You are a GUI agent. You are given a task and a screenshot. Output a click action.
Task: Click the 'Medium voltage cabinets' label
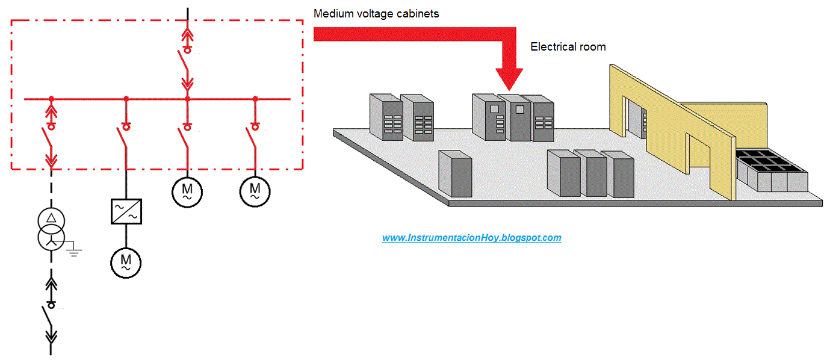[376, 13]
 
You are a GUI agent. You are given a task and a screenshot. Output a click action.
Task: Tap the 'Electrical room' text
[568, 46]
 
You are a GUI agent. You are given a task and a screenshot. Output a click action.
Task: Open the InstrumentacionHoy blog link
[471, 238]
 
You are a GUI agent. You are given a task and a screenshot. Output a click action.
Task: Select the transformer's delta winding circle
[51, 218]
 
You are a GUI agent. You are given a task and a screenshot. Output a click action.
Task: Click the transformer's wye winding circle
[51, 239]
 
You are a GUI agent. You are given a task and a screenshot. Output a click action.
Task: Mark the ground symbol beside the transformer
[73, 250]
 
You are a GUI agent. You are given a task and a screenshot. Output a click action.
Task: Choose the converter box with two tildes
[126, 211]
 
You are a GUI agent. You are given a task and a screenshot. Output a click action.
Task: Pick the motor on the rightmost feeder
[255, 191]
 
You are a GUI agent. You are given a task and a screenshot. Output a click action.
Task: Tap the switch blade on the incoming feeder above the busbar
[183, 61]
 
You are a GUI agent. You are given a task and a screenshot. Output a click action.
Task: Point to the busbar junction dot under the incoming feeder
[187, 98]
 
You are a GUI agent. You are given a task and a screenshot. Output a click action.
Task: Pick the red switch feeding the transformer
[47, 140]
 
